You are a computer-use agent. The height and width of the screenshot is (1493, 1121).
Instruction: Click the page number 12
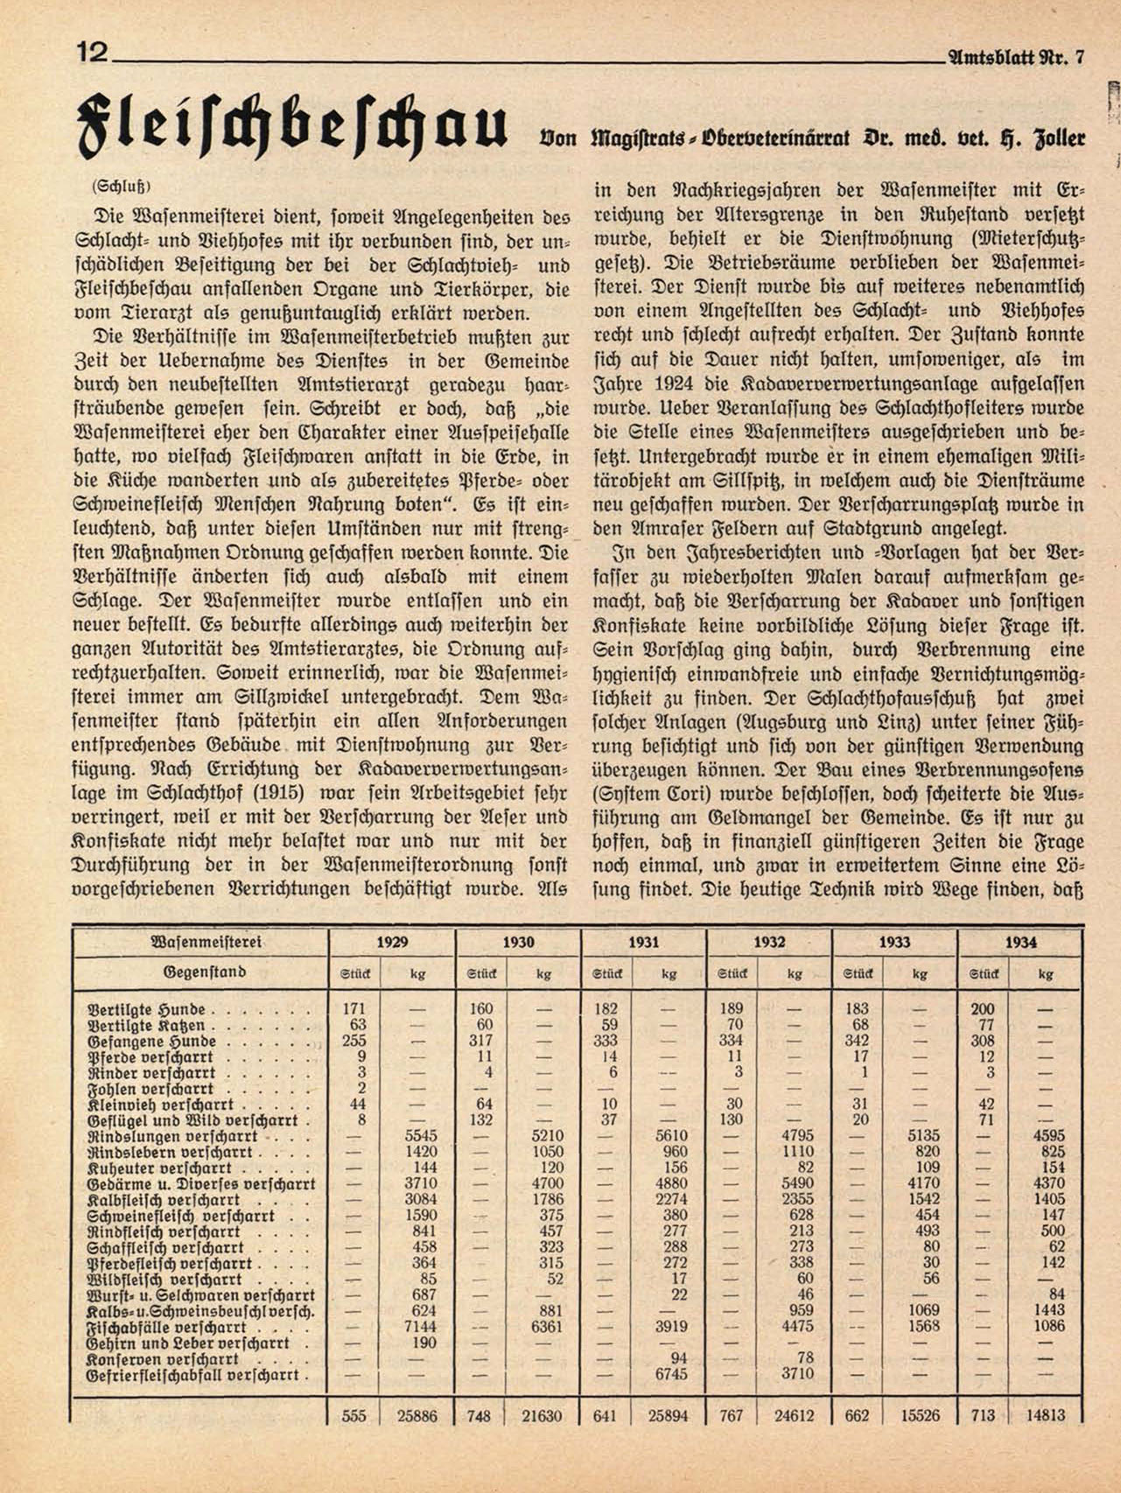(x=92, y=53)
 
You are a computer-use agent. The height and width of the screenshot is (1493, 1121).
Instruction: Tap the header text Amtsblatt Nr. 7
(x=1015, y=59)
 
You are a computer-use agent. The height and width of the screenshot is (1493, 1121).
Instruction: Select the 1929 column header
(x=392, y=943)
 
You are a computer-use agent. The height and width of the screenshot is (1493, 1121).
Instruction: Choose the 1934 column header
(x=1020, y=943)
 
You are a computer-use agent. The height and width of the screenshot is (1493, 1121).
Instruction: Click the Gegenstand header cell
(x=204, y=972)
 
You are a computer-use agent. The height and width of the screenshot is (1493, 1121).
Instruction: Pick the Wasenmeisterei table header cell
(x=207, y=943)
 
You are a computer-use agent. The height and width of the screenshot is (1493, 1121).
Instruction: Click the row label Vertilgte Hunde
(x=147, y=1009)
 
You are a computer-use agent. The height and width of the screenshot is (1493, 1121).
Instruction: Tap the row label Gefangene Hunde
(x=152, y=1041)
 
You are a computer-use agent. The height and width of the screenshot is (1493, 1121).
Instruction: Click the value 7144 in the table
(x=418, y=1327)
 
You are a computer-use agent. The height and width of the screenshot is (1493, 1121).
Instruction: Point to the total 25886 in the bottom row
(x=417, y=1416)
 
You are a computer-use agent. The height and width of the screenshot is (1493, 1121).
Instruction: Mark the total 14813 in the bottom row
(x=1046, y=1416)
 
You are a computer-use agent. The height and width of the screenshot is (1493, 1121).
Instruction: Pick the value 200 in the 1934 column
(x=983, y=1009)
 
